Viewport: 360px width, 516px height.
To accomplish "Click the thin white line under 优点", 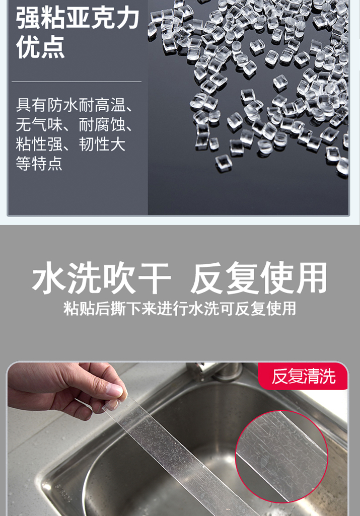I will tap(77, 82).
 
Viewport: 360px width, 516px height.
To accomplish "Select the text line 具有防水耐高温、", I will tap(75, 105).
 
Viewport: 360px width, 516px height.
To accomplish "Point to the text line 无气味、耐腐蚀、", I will tap(75, 125).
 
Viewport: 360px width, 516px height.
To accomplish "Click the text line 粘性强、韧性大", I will tap(70, 144).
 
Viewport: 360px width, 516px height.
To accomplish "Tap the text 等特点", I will tap(39, 164).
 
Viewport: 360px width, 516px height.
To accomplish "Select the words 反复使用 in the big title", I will tap(259, 278).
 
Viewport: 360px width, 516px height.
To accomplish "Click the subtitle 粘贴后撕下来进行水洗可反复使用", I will tap(180, 308).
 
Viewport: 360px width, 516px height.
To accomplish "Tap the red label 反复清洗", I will tap(303, 376).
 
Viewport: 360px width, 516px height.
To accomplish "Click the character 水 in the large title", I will tap(49, 278).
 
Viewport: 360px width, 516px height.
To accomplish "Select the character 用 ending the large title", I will tap(310, 278).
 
